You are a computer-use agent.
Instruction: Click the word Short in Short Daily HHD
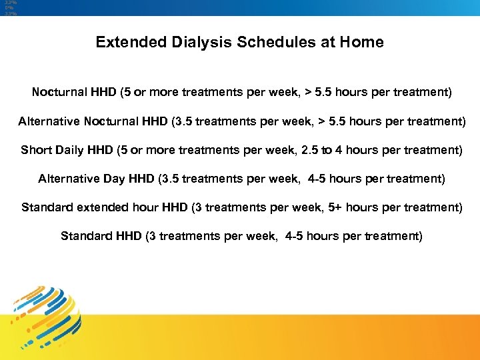35,150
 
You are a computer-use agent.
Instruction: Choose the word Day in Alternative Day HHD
117,179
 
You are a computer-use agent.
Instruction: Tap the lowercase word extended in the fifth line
95,207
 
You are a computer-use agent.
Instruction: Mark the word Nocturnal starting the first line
59,92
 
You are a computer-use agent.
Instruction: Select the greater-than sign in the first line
309,92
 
